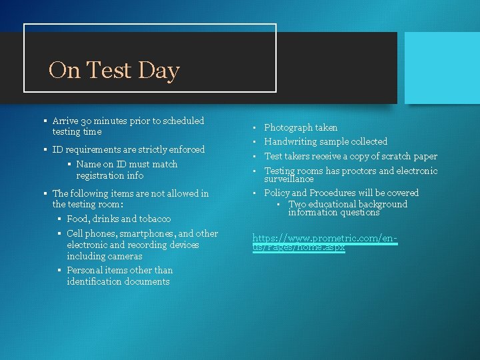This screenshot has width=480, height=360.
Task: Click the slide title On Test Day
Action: click(114, 70)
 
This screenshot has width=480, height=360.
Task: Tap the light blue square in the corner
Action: click(442, 67)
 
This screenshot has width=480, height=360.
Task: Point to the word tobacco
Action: click(155, 219)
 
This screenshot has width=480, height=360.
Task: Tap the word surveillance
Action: click(289, 179)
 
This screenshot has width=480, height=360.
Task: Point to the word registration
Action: click(100, 175)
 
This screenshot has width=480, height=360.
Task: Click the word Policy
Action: click(277, 193)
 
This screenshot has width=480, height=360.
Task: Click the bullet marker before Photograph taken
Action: click(255, 127)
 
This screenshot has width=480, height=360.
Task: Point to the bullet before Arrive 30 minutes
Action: click(43, 121)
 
